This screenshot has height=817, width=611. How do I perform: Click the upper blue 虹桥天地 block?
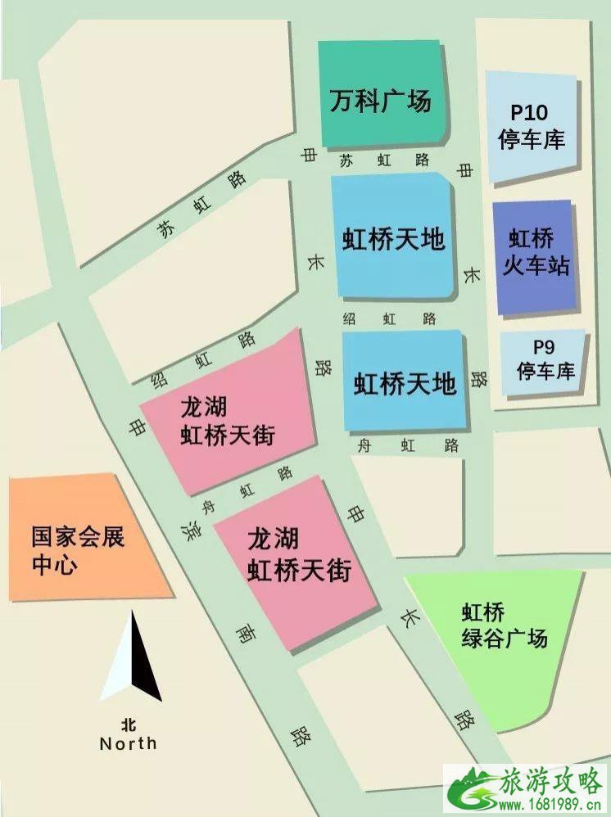(393, 238)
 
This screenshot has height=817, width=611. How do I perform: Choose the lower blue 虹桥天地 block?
(405, 381)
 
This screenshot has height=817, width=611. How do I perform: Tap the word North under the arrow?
(128, 743)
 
